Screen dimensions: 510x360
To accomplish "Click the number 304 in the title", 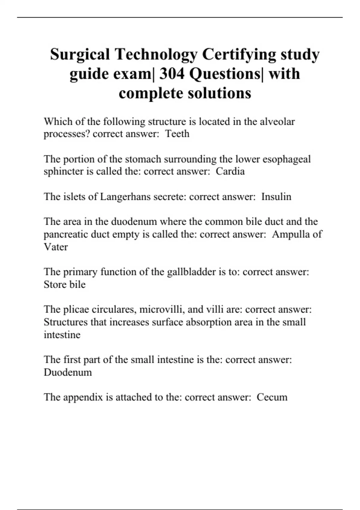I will click(172, 74).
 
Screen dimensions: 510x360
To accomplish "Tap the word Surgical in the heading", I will click(80, 55).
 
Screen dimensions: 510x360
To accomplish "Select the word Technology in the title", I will click(156, 55).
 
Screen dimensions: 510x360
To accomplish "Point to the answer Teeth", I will click(177, 134).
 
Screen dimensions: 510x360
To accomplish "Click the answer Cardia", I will click(230, 171).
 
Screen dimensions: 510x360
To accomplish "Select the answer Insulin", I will click(276, 197).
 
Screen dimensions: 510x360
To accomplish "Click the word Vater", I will click(56, 247).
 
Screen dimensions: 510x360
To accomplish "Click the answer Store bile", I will click(64, 284).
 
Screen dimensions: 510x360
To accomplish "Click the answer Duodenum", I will click(68, 372).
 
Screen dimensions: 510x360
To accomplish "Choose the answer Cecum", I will click(272, 397).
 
